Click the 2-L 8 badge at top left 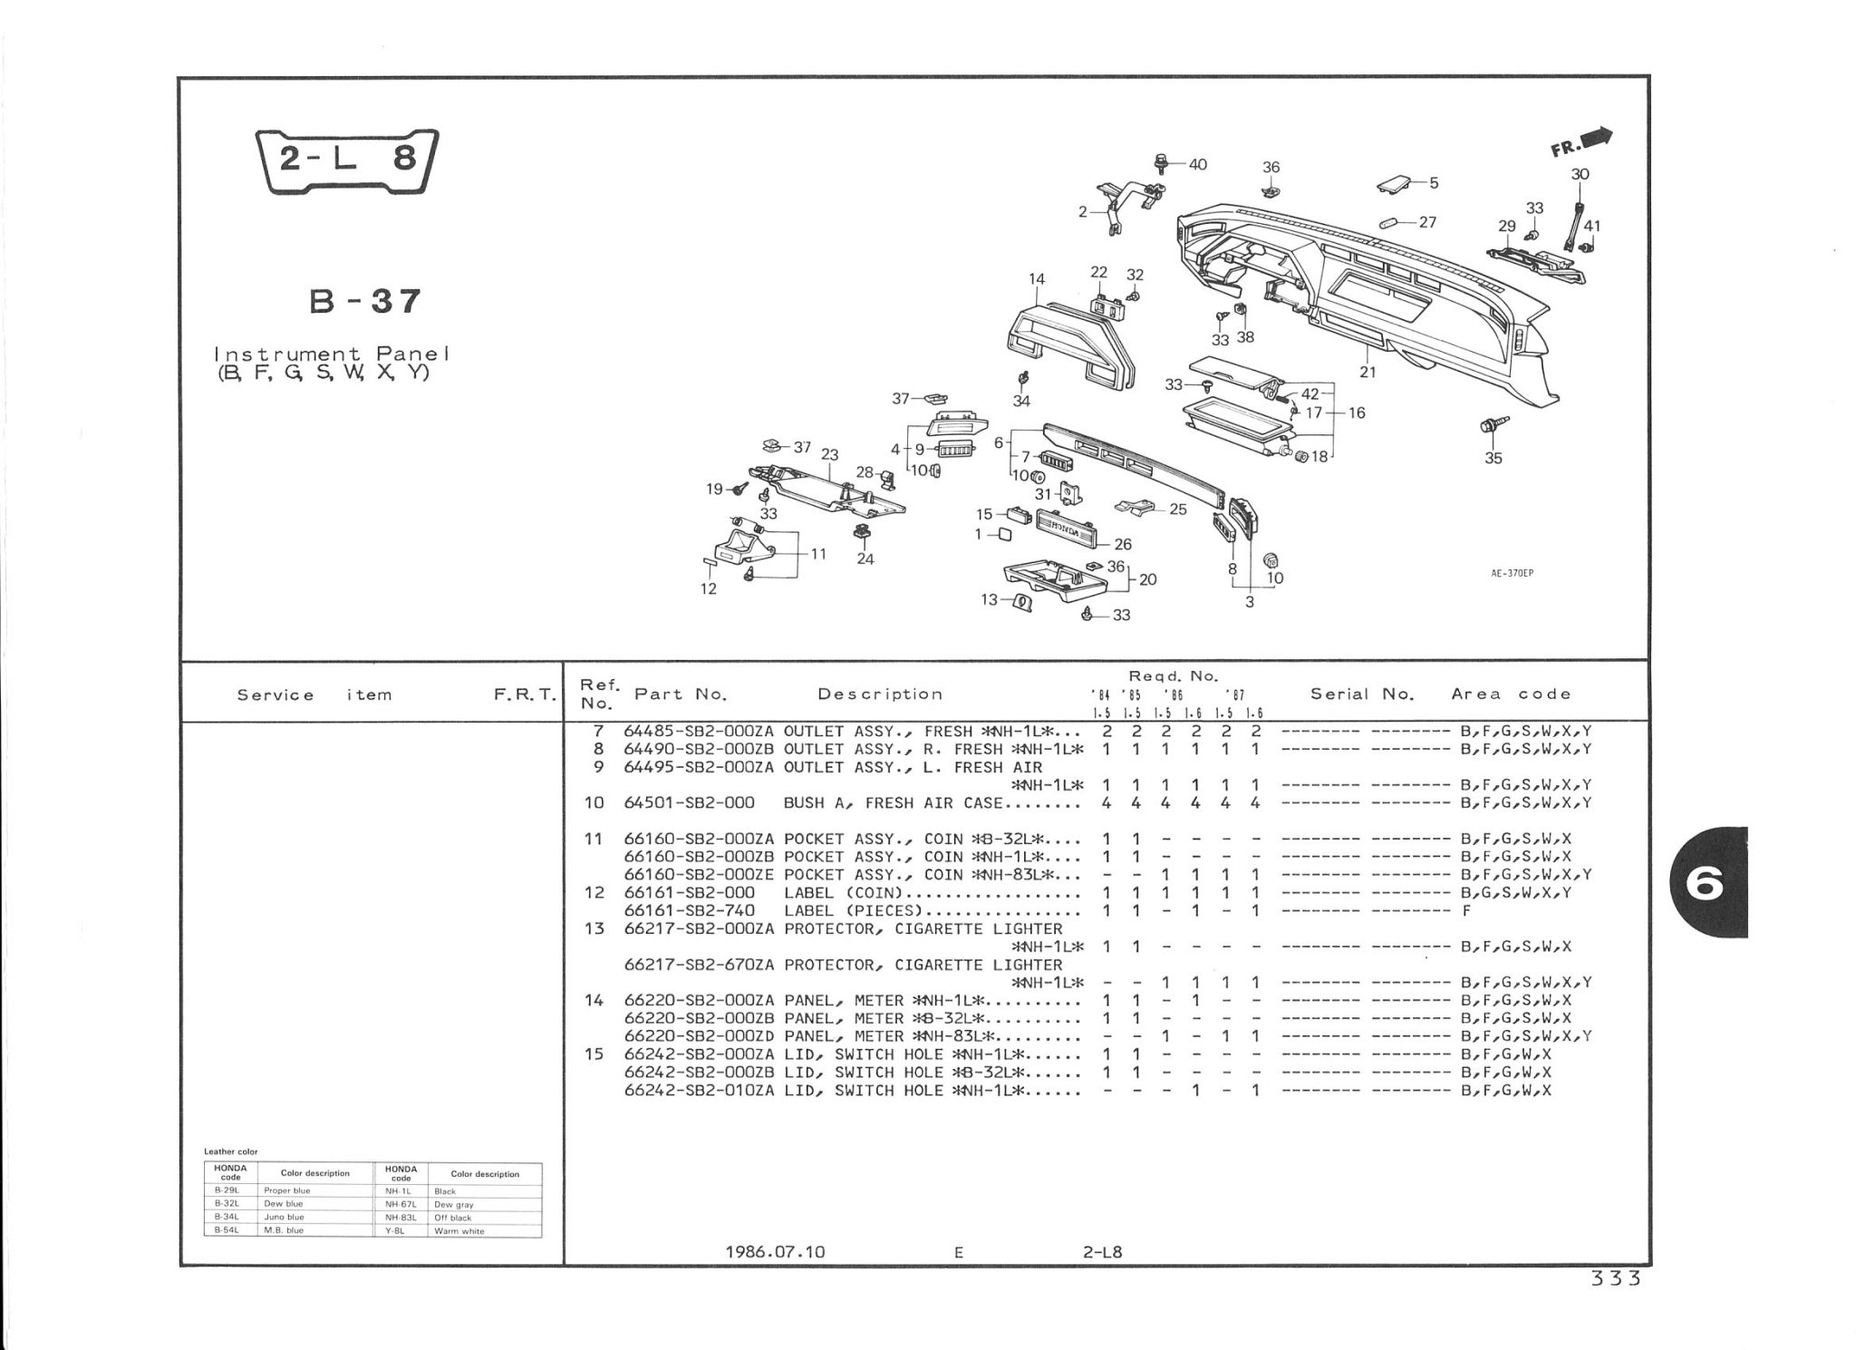(x=348, y=160)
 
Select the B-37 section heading (x=365, y=301)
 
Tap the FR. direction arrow (x=1581, y=141)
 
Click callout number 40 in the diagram (x=1197, y=164)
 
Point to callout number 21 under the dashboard (x=1368, y=372)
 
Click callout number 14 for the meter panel (x=1037, y=279)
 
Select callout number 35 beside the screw (x=1493, y=458)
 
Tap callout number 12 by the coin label (x=708, y=588)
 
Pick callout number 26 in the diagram (x=1123, y=544)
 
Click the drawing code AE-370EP (x=1512, y=573)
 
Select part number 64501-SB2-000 (x=689, y=802)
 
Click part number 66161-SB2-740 (x=689, y=910)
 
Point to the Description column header (x=880, y=694)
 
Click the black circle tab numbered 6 (x=1706, y=882)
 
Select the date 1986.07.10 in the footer (x=775, y=1252)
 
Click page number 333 (x=1615, y=1279)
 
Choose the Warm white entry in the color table (x=459, y=1231)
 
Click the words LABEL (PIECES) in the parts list (x=852, y=910)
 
